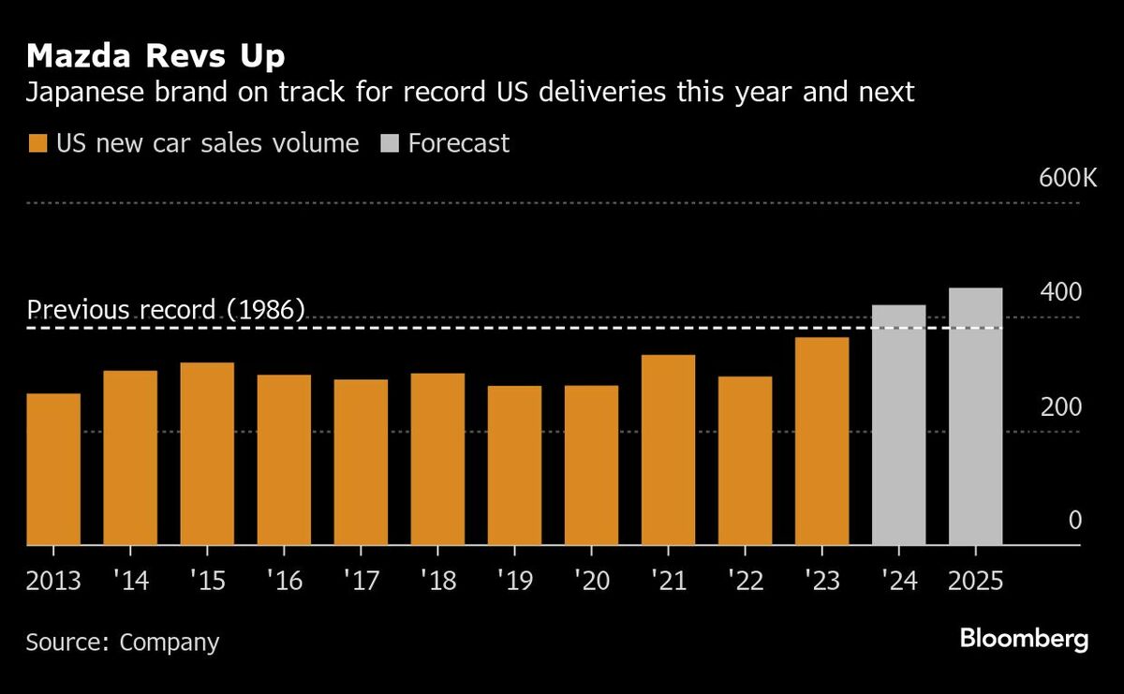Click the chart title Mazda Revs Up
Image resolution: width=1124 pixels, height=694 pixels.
tap(156, 56)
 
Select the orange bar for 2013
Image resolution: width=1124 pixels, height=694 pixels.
tap(53, 469)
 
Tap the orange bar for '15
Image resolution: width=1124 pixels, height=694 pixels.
tap(207, 454)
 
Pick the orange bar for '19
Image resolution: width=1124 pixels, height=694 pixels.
tap(514, 465)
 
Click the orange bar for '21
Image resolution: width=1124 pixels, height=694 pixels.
tap(668, 450)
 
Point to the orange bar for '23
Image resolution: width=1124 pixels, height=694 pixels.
tap(821, 441)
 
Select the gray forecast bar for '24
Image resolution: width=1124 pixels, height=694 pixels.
tap(898, 425)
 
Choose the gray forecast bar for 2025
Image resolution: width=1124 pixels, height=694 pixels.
tap(975, 417)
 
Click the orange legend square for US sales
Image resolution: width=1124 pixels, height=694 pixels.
tap(37, 143)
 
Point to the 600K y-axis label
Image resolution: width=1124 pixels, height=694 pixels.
tap(1067, 177)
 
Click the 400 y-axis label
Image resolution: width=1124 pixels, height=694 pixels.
tap(1061, 292)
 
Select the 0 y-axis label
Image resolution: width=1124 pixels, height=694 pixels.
tap(1075, 521)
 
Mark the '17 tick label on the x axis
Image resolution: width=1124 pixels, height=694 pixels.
tap(361, 581)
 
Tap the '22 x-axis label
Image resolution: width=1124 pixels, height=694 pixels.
tap(745, 581)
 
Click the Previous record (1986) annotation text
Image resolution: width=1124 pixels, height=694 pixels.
tap(166, 310)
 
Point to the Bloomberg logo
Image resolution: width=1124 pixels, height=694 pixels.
tap(1024, 641)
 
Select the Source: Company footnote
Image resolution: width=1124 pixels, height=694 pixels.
tap(123, 642)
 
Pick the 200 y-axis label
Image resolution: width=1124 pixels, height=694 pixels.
tap(1061, 407)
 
